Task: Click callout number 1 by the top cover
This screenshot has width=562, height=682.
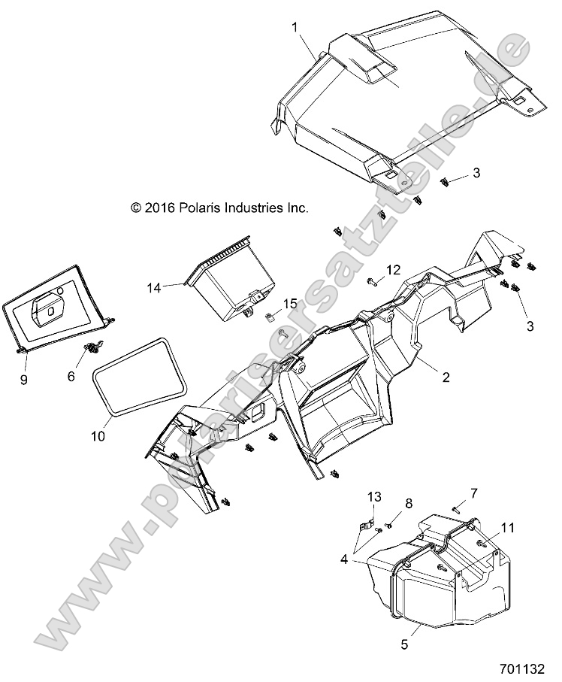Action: tap(295, 27)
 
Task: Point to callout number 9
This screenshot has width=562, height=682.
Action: tap(23, 380)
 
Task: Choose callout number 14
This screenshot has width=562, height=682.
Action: tap(154, 287)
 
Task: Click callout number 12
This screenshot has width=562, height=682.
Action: tap(393, 269)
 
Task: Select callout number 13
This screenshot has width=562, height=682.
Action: tap(374, 496)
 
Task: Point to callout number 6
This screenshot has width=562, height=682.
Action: tap(72, 376)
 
